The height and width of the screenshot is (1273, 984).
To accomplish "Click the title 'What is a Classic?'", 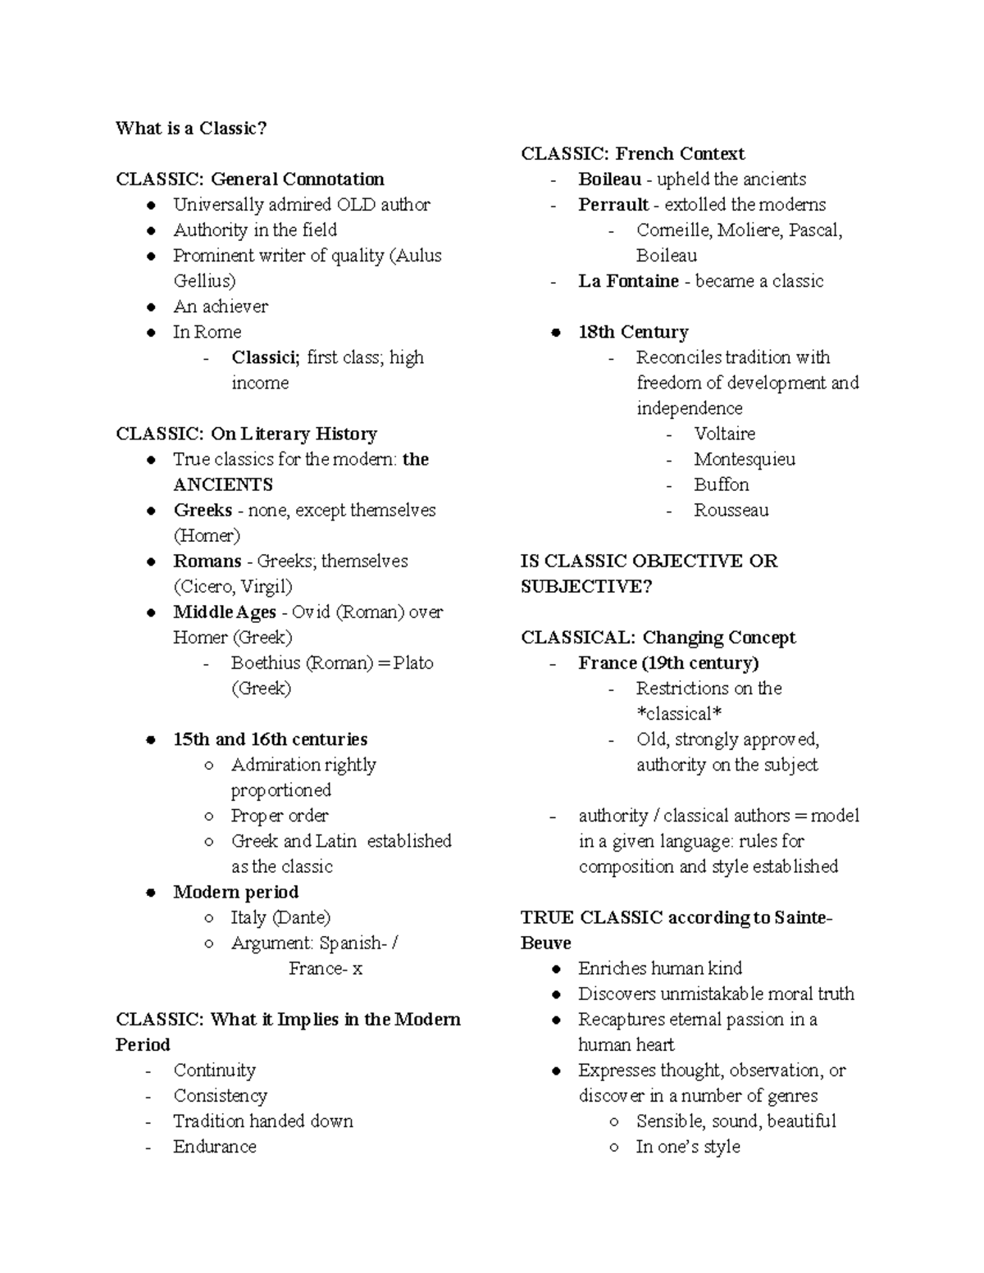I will coord(191,128).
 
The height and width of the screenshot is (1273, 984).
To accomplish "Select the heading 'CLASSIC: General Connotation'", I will coord(250,179).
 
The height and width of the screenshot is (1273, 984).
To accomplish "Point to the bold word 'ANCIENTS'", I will coord(223,484).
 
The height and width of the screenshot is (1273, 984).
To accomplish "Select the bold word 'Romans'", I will coord(207,561).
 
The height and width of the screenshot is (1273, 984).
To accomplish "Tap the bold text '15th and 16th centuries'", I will coord(270,739).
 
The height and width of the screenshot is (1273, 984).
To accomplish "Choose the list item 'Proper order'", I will coord(279,816).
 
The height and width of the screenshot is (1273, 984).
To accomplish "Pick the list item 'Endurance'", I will coord(214,1146).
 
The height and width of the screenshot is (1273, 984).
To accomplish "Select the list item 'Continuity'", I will coord(214,1070).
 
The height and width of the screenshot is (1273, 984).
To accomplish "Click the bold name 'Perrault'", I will coord(613,204).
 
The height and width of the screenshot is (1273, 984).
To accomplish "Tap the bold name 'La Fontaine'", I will coord(628,281).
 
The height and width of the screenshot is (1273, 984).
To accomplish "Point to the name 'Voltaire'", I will coord(724,434).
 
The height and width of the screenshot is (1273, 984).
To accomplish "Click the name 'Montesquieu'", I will coord(744,459).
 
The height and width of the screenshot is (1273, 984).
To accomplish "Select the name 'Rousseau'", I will coord(731,510).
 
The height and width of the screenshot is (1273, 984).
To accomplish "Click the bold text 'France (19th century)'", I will coord(668,662).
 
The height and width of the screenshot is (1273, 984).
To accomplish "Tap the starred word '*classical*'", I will coord(679,714).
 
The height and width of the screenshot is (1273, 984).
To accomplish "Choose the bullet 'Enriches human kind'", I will coord(659,968).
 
